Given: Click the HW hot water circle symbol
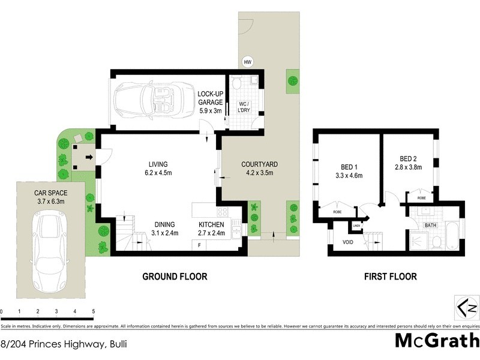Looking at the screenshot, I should pos(247,62).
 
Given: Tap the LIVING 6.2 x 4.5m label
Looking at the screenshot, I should pos(158,169).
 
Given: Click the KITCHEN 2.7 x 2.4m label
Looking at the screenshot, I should pos(211,229).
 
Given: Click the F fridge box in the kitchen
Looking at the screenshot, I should pos(199,246).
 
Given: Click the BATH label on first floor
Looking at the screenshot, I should pos(431,225).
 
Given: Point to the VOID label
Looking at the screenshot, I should pos(348,243).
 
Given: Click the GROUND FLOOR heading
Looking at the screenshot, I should pos(174,277).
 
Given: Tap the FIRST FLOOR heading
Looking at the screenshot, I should pos(390,277).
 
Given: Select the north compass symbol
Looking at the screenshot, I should pos(468,308).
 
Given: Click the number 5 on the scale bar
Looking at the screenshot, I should pos(93,311).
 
